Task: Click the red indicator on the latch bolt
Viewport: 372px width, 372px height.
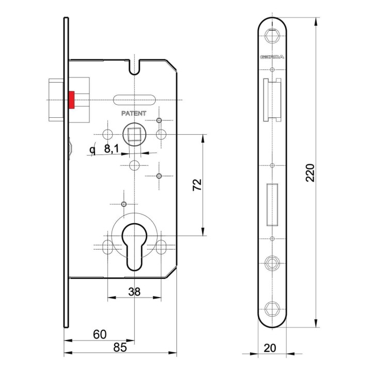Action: tap(72, 100)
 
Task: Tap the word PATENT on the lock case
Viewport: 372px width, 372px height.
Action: tap(134, 113)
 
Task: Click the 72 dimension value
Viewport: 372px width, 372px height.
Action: tap(197, 185)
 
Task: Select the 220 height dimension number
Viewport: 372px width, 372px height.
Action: tap(310, 173)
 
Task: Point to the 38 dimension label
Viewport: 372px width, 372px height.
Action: tap(134, 292)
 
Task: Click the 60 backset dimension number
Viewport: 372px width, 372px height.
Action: tap(100, 334)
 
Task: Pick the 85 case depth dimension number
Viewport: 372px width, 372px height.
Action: tap(120, 347)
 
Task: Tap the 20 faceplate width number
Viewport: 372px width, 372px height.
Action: tap(270, 348)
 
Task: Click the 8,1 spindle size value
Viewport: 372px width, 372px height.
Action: tap(111, 149)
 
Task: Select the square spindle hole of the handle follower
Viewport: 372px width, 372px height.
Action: tap(134, 134)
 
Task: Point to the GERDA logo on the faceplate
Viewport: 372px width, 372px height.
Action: tap(272, 57)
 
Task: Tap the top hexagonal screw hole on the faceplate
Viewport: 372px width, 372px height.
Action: tap(272, 36)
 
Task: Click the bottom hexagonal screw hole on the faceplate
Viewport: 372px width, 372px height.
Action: tap(272, 308)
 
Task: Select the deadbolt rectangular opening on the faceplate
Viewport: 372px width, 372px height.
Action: tap(272, 205)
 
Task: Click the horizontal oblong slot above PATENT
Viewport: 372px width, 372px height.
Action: tap(134, 100)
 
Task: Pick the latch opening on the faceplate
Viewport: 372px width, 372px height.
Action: tap(272, 100)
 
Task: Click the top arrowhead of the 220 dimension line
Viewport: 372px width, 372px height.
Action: tap(316, 21)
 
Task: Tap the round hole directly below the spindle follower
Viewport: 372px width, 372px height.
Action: tap(134, 165)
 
